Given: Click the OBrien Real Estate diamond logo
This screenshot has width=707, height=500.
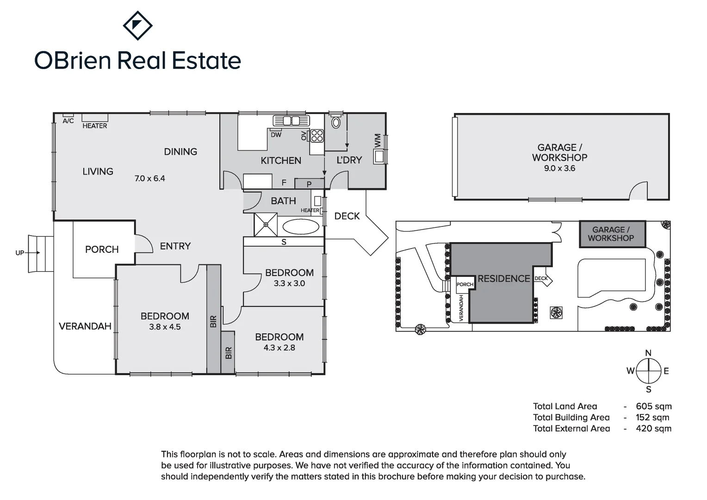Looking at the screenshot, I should click(137, 25).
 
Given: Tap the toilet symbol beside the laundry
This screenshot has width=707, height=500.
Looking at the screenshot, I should click(336, 122).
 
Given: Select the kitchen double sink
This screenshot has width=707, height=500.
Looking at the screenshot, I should click(291, 121).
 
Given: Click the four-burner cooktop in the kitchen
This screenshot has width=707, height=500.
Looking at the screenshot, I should click(317, 136).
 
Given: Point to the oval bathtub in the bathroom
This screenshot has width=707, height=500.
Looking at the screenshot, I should click(300, 227).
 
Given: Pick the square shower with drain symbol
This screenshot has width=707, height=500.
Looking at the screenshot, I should click(266, 225).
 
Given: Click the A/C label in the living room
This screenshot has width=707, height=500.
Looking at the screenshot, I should click(68, 121).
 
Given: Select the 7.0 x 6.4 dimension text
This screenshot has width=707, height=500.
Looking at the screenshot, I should click(149, 178).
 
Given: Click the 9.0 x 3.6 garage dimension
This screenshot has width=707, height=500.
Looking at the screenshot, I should click(559, 169).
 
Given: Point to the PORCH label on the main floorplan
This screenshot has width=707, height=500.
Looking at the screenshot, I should click(102, 250).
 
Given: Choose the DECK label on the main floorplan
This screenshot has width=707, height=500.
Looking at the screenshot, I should click(347, 216).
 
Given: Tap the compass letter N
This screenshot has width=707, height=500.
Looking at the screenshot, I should click(648, 353).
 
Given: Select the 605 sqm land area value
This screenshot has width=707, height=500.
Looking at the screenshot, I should click(653, 406).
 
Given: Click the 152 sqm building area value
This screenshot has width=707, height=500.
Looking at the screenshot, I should click(652, 418).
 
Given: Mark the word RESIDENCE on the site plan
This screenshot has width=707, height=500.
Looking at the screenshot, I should click(503, 279).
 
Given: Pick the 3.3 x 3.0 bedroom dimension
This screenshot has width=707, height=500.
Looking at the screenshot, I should click(289, 283).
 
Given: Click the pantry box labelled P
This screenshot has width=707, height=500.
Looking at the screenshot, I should click(309, 184).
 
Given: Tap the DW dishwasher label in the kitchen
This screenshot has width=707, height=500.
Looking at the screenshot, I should click(276, 135).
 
